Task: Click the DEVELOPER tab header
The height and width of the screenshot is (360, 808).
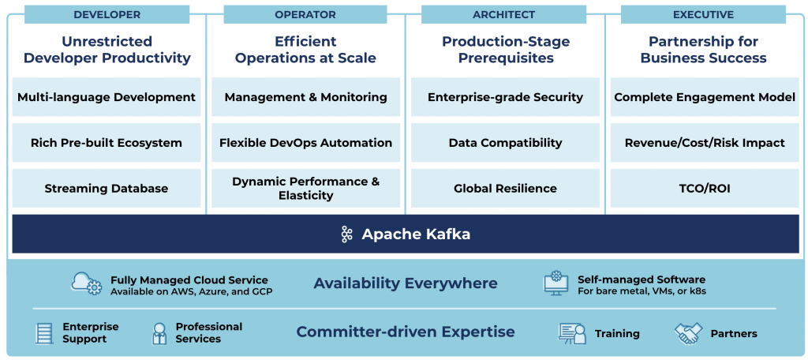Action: (107, 14)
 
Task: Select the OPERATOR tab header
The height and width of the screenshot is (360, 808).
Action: (305, 14)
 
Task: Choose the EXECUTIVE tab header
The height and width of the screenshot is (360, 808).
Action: (703, 14)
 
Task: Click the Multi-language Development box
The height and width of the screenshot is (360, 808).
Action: (107, 97)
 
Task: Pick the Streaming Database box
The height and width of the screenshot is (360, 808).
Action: (107, 189)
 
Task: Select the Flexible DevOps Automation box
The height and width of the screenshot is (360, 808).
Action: (305, 143)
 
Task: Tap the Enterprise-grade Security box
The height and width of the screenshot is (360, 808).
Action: (505, 97)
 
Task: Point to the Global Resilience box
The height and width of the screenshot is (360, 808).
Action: (505, 189)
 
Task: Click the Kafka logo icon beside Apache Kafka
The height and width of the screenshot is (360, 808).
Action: (346, 234)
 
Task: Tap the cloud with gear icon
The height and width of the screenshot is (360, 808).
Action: (87, 283)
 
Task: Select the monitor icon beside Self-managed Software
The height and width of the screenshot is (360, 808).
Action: (556, 283)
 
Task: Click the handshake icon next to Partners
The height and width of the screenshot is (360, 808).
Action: (688, 334)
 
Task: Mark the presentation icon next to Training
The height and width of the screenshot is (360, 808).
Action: (571, 334)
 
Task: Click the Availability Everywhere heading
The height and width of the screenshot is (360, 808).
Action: (406, 283)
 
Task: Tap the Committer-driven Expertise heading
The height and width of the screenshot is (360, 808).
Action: (406, 332)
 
